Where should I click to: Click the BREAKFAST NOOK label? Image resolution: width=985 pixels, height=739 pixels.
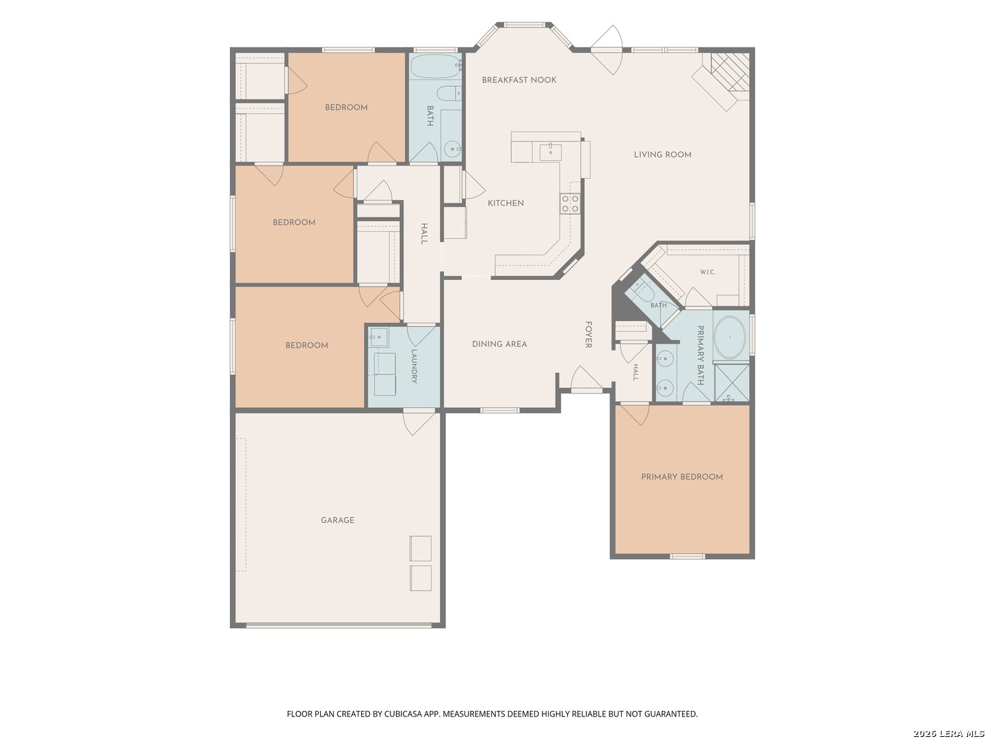point(518,80)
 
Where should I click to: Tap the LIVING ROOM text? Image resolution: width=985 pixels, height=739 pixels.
point(662,155)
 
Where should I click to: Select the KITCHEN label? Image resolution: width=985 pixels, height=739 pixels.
point(505,203)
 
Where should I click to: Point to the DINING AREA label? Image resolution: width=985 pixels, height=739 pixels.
point(499,343)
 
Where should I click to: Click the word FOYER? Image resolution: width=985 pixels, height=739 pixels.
point(588,335)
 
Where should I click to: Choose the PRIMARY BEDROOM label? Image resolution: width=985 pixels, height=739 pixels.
point(682,476)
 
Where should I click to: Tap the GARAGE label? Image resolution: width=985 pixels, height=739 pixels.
point(337,520)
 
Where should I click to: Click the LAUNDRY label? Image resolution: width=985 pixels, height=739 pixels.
point(414,366)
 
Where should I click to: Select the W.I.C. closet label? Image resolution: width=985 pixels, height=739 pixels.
point(707,272)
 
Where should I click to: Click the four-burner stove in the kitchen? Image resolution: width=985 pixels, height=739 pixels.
point(570,203)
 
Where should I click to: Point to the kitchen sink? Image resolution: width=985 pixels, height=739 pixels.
point(550,152)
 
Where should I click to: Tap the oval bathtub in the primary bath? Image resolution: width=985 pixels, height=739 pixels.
point(730,337)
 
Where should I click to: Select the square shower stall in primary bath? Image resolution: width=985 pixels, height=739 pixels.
point(731,383)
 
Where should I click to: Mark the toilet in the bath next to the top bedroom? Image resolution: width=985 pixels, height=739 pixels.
point(449,93)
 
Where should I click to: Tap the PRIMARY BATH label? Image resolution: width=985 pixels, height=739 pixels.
point(700,355)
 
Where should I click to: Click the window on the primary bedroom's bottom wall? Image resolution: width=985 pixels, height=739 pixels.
point(687,556)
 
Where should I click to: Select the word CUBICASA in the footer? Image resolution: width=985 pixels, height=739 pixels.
point(403,714)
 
